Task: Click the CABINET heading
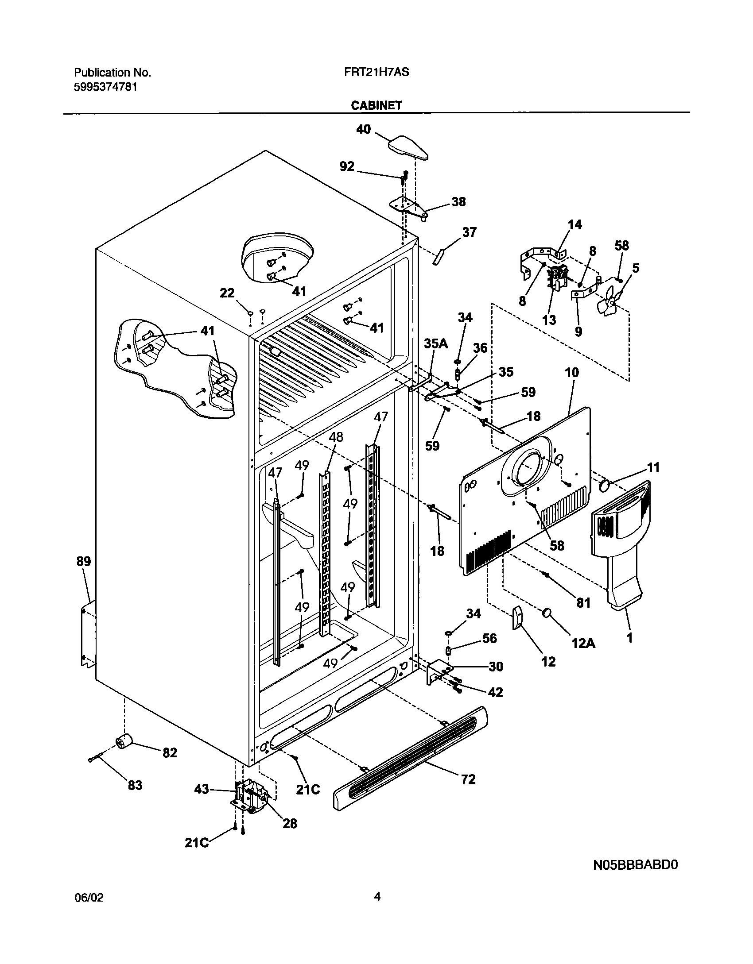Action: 376,105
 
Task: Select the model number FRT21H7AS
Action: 376,72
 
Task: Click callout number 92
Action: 347,166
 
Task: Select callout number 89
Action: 83,561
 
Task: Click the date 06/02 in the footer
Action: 88,898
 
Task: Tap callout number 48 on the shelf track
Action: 336,437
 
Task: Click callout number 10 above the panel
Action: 572,373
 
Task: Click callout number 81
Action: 583,602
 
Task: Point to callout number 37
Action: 469,232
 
